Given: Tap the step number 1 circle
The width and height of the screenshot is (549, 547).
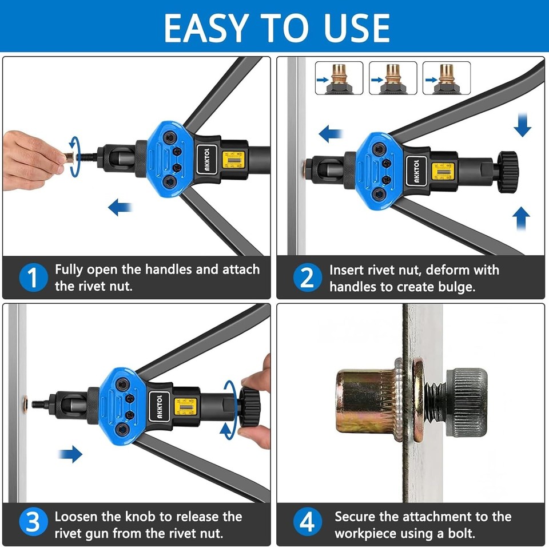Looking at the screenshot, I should (33, 278).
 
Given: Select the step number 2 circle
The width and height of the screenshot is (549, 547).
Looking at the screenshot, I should (307, 278).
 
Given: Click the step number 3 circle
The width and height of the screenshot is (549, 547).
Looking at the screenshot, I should (33, 524).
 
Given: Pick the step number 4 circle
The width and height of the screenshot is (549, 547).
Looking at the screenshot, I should (307, 524).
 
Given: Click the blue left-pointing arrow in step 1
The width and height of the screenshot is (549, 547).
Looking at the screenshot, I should (120, 207).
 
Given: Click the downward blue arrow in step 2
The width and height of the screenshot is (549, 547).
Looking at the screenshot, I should (522, 125).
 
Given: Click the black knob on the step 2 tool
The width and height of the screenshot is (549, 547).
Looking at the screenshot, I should (507, 171).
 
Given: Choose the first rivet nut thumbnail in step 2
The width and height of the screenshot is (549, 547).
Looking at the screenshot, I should (339, 78).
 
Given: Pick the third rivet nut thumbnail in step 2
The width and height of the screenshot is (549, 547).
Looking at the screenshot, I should (447, 78).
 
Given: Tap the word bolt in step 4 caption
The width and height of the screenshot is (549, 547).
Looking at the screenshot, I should (460, 534).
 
